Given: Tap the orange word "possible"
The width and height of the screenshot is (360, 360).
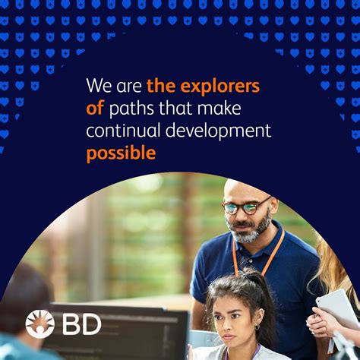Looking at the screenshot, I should point(121,153).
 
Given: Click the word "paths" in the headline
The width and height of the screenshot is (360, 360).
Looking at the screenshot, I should point(134,108).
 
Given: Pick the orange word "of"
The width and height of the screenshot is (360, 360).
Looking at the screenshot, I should point(95,108).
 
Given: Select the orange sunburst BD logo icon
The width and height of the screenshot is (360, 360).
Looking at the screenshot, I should point(40,324).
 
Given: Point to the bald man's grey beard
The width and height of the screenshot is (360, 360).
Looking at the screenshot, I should point(251,229).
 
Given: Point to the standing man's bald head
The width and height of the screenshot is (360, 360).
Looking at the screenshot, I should point(243,186).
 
